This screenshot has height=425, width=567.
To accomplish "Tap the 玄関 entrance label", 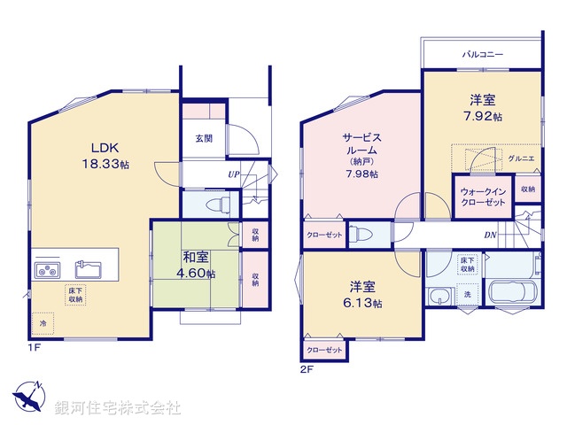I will [203, 139].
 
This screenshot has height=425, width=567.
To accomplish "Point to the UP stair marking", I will [234, 174].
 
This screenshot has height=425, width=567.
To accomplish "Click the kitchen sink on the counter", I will [87, 267].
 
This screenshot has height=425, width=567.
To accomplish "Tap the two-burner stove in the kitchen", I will [47, 269].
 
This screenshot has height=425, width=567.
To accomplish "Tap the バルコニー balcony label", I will [483, 54].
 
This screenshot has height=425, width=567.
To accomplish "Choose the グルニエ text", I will [520, 158].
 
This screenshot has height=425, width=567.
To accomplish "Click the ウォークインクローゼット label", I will [483, 197].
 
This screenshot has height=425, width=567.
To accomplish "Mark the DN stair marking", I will [490, 235].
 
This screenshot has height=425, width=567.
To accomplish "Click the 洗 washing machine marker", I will [466, 293].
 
